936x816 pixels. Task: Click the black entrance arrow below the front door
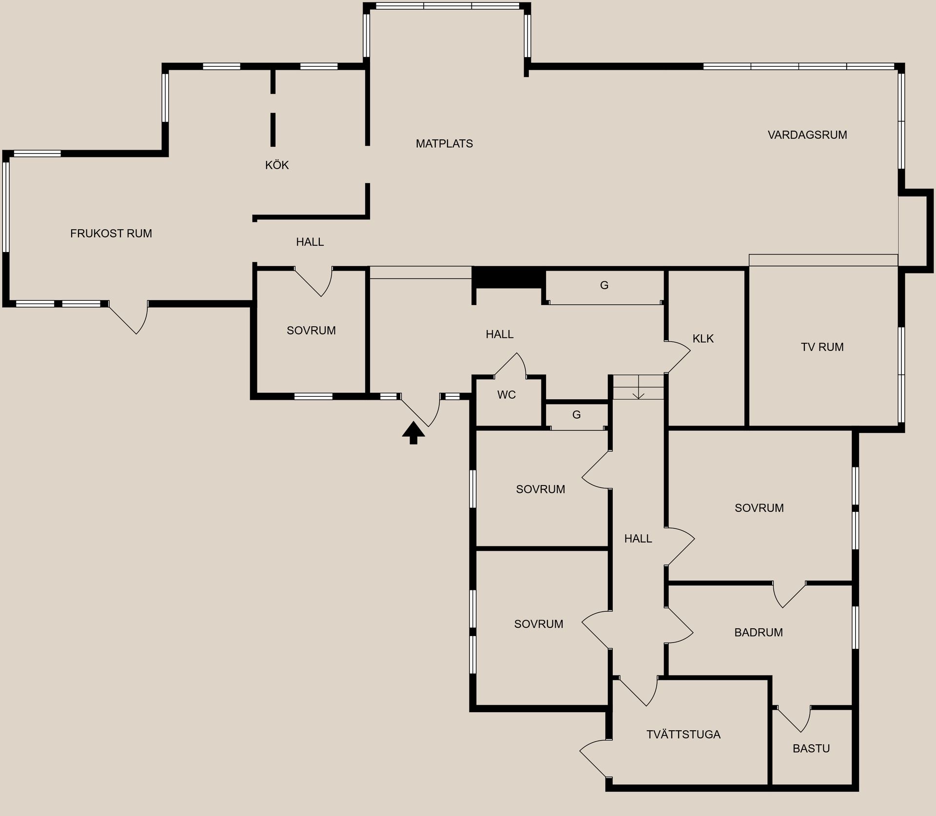pos(413,432)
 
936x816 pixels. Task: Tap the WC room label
pos(507,395)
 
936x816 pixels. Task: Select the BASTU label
pos(811,748)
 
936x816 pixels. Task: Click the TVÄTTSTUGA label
pos(683,735)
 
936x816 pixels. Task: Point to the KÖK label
pos(277,165)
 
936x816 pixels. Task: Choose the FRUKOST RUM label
pos(111,233)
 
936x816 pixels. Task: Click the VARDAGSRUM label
pos(807,135)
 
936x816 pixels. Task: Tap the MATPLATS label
pos(444,144)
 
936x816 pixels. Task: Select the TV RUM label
pos(822,347)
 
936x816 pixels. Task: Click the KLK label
pos(703,339)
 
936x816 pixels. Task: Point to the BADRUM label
pos(759,632)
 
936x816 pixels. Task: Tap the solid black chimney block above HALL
pos(508,278)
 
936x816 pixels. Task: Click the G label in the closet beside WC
pos(576,415)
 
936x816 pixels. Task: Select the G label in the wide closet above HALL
pos(604,286)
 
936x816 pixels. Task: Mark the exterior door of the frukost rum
pos(129,317)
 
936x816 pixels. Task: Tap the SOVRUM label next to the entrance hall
pos(311,330)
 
